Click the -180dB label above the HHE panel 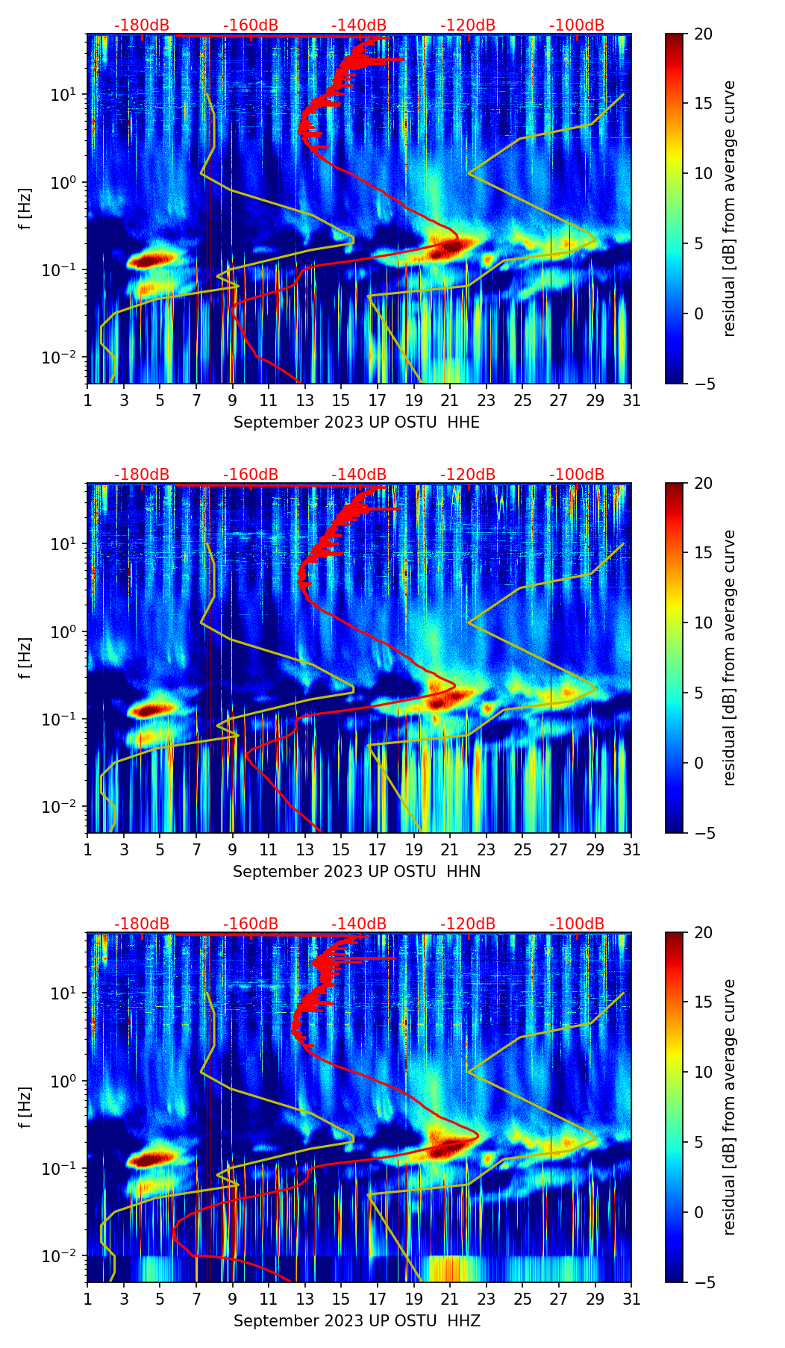(x=142, y=25)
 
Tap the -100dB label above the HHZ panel (x=577, y=924)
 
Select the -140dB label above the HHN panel (x=359, y=475)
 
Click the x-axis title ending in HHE (x=356, y=422)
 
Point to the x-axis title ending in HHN (x=356, y=872)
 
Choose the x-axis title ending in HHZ (x=356, y=1321)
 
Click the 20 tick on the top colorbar (x=702, y=34)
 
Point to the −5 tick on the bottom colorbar (x=700, y=1282)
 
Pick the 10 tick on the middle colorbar (x=702, y=622)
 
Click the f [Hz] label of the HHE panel (x=25, y=208)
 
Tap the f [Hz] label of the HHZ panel (x=25, y=1107)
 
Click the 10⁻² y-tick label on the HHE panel (x=63, y=358)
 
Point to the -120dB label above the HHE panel (x=468, y=25)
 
